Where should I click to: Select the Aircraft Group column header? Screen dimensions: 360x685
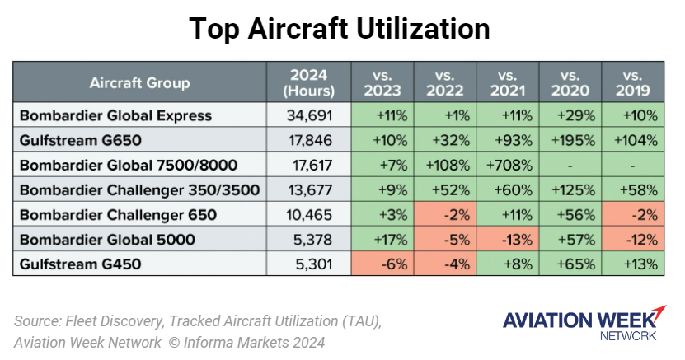140,82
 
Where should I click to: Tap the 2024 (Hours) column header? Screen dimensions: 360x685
308,82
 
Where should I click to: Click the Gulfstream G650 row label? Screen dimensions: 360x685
77,139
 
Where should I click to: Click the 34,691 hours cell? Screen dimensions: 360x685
310,115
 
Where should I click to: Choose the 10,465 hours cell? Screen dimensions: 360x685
310,215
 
